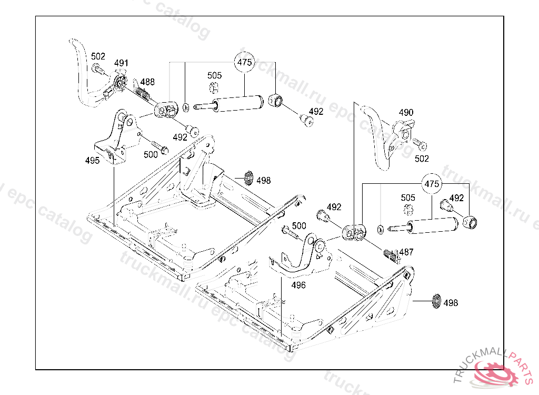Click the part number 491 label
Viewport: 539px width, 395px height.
point(121,63)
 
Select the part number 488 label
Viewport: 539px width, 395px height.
point(147,82)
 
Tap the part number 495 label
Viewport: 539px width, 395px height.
point(93,160)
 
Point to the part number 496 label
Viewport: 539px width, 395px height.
point(298,285)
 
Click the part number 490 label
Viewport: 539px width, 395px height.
point(406,113)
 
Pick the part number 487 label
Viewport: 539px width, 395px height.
point(406,252)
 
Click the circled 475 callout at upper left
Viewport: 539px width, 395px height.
point(244,62)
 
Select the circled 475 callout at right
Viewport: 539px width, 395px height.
point(432,184)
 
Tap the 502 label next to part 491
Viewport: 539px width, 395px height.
point(98,56)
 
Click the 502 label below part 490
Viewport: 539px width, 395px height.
point(422,159)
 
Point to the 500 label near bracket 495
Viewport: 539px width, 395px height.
point(151,154)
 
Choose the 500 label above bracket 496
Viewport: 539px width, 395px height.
point(299,226)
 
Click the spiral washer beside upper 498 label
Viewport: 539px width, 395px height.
point(249,178)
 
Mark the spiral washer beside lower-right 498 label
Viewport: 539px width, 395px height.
point(436,301)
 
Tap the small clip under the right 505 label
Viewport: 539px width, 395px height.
point(408,209)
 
